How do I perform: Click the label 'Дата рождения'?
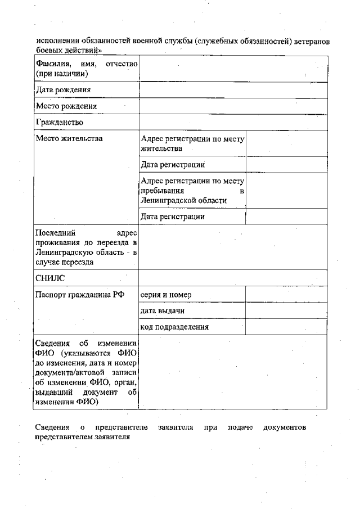(x=63, y=90)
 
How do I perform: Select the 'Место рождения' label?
(x=66, y=106)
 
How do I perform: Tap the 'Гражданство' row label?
(x=59, y=121)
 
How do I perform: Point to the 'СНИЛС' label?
(x=51, y=277)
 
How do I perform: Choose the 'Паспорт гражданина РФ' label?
(x=79, y=294)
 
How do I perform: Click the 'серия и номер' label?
(x=166, y=294)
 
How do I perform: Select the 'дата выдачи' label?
(x=163, y=310)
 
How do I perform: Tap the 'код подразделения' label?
(x=174, y=327)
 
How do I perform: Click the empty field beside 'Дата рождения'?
(x=232, y=90)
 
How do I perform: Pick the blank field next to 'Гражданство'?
(x=232, y=121)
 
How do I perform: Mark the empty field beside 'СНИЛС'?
(x=232, y=277)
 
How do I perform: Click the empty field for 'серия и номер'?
(x=286, y=294)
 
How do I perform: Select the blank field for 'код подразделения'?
(x=286, y=327)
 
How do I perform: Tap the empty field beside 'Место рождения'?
(x=232, y=106)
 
